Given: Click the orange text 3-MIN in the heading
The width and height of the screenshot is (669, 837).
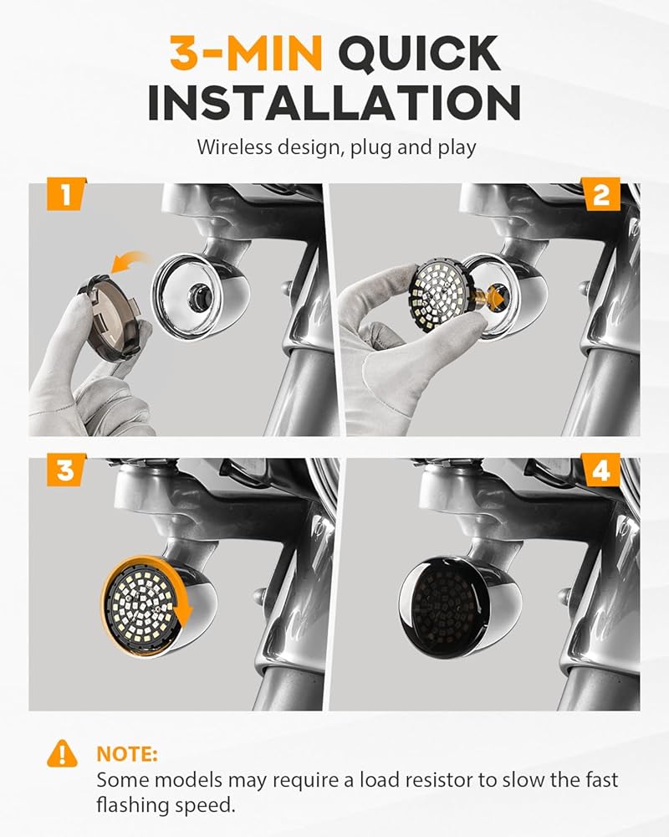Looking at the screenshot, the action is coord(246,53).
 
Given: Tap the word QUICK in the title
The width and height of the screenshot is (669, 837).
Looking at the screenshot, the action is coord(420,54).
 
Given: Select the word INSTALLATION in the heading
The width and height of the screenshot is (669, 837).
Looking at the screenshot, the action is coord(334,102).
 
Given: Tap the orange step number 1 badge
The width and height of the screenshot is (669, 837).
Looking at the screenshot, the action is coord(65,194).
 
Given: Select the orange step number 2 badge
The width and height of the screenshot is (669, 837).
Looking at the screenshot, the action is coord(601,194).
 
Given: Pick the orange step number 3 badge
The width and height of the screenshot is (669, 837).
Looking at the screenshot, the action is coord(65,470).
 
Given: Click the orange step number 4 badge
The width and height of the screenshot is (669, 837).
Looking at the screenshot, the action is coord(601,470).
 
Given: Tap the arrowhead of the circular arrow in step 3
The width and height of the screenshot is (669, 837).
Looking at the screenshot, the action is coord(183,618).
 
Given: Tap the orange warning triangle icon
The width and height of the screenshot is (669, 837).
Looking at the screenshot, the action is coord(62,753).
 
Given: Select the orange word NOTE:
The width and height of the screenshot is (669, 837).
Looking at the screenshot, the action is coord(127,754).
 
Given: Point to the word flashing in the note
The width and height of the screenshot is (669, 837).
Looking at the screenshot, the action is coord(135,806).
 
